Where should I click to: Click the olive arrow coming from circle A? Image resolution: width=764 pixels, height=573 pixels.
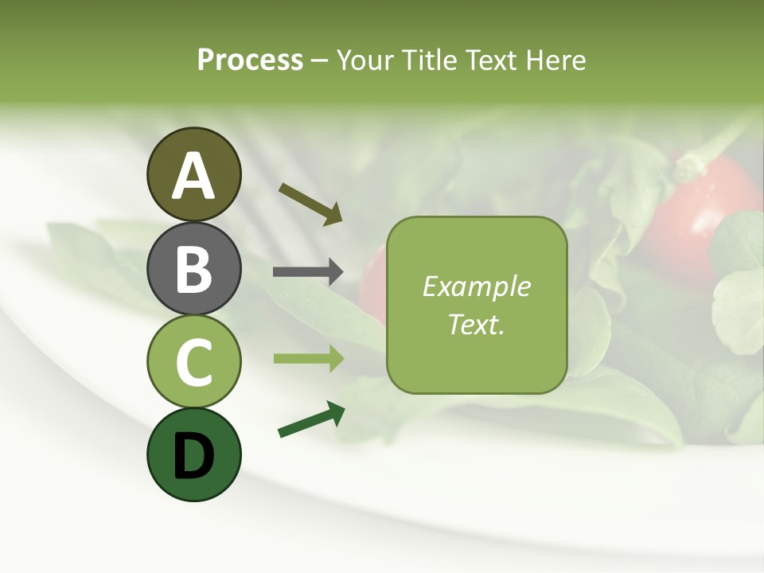tap(310, 203)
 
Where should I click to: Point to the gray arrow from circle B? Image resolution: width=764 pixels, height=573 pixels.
tap(308, 272)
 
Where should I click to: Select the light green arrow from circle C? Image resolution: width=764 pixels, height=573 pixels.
tap(308, 359)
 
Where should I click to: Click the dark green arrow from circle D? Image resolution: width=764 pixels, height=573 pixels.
tap(311, 420)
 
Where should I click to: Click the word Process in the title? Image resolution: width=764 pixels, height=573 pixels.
tap(250, 60)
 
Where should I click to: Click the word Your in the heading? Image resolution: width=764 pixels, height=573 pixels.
tap(366, 60)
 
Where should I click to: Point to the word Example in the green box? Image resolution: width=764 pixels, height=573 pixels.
tap(476, 286)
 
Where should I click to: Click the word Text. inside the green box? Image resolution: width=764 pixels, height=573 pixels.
tap(476, 325)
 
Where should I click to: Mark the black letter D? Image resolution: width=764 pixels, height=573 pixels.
tap(193, 456)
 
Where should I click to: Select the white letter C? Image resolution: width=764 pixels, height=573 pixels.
tap(193, 362)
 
